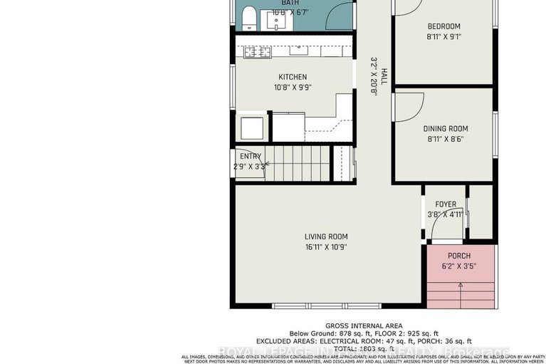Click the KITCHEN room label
coord(293,77)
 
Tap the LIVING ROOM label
coord(327,237)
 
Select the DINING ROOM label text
coord(445,129)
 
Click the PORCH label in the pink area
coord(459,256)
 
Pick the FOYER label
coord(446,204)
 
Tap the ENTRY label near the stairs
coord(251,157)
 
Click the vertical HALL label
coord(383,77)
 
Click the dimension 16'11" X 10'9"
coord(327,248)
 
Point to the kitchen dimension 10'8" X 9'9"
coord(293,88)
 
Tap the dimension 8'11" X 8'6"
coord(445,140)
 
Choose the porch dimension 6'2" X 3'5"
coord(459,267)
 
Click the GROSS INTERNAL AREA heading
coord(359,324)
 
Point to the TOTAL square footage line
coord(359,350)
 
